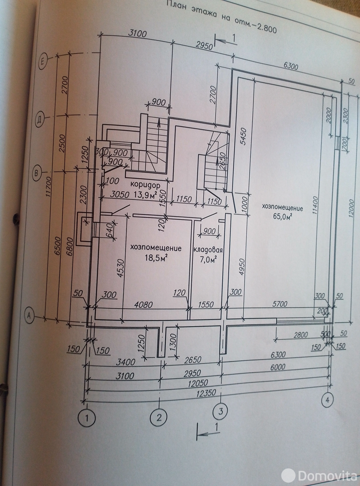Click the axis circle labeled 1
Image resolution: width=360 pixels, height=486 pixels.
point(87,418)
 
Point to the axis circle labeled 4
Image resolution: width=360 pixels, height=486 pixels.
point(327,400)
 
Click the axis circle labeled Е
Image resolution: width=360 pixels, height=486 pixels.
point(43,62)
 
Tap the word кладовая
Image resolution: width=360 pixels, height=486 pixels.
point(208,250)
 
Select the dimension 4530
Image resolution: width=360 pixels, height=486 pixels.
point(120,269)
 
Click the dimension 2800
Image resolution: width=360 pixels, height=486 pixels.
point(300,335)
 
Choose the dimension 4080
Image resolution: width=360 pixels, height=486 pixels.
point(143,304)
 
